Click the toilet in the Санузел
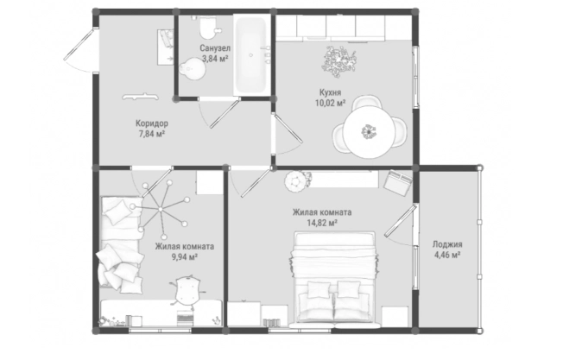[207, 28]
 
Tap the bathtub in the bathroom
[251, 55]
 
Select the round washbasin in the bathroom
[193, 68]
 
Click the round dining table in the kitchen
[369, 132]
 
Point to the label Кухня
[330, 92]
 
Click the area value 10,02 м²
[330, 104]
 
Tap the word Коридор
[151, 123]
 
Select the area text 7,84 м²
[151, 134]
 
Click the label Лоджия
[447, 244]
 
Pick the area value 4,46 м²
[447, 256]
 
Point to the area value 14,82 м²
[322, 223]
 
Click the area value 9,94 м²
[185, 257]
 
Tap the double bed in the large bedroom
[335, 280]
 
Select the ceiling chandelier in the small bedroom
[161, 209]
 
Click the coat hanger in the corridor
[140, 96]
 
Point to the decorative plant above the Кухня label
[339, 61]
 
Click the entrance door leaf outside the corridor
[79, 45]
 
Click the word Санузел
[215, 48]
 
